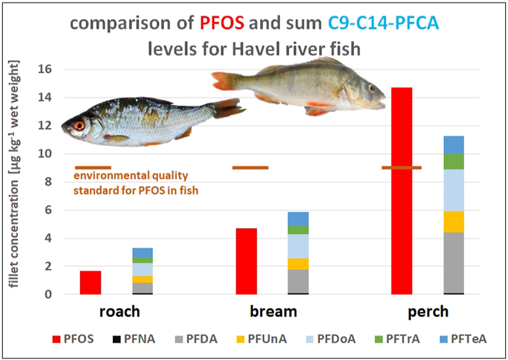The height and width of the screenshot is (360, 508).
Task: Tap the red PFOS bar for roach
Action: [90, 282]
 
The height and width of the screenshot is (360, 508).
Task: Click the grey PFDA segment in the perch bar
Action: [454, 262]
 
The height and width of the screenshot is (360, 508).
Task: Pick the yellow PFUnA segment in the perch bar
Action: [454, 221]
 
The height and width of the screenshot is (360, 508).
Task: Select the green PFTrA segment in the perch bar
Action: [454, 161]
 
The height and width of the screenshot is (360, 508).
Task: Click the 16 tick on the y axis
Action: [48, 69]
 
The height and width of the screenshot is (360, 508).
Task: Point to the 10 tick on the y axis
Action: [48, 154]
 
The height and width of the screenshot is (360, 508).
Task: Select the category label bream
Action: [273, 312]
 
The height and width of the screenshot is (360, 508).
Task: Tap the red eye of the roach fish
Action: [80, 126]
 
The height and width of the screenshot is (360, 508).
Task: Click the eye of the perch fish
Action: [372, 88]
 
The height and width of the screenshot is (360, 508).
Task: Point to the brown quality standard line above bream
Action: [250, 167]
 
